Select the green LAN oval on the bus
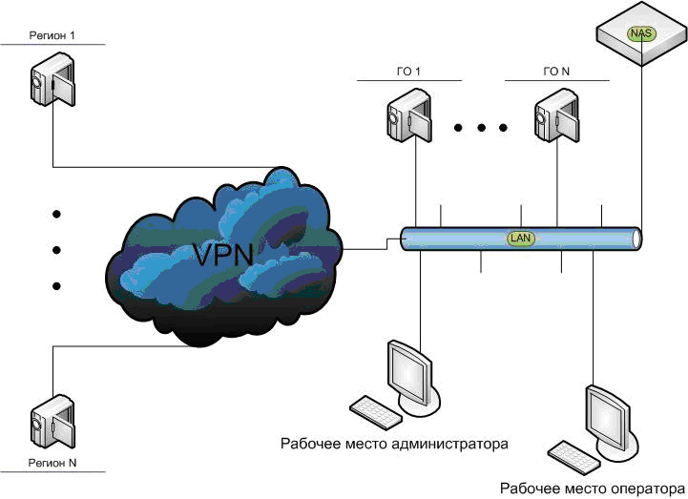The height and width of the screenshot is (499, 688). point(520,238)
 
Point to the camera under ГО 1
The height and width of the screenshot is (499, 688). point(407,116)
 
